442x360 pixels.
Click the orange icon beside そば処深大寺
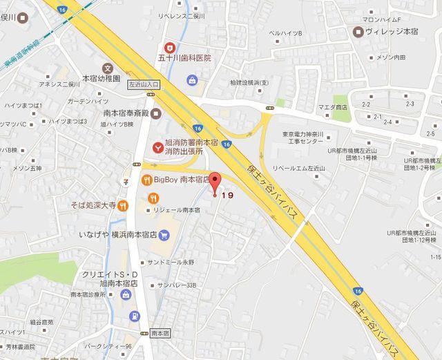pos(122,205)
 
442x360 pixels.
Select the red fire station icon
pos(158,145)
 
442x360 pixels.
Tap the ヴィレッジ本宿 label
pos(390,32)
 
